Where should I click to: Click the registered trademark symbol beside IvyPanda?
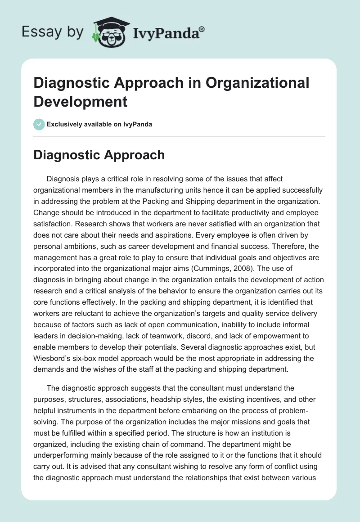pos(202,29)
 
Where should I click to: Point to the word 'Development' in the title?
pos(81,101)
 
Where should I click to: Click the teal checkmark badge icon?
pos(39,124)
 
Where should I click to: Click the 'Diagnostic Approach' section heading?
pos(99,155)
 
